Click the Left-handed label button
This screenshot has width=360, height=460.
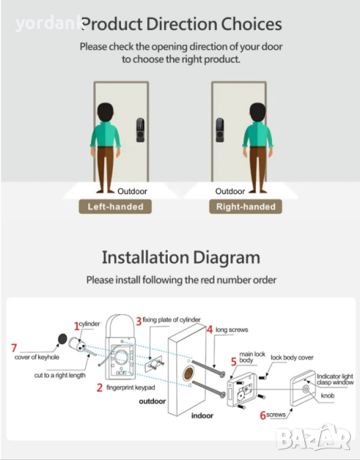coord(115,206)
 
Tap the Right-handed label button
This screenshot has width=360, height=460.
coord(246,206)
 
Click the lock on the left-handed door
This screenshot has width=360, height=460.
coord(140,130)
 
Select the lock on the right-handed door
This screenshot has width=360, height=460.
coord(220,130)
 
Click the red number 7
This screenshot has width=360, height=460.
coord(14,348)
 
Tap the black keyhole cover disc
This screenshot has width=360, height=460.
coord(63,339)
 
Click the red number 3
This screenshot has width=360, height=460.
coord(139,321)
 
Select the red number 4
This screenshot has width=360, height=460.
coord(210,330)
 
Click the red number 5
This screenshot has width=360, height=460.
coord(234,362)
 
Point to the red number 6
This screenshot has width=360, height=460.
coord(263,416)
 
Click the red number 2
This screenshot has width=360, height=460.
coord(100,388)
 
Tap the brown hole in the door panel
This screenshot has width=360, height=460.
coord(188,374)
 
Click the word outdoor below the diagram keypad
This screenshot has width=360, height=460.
coord(152,401)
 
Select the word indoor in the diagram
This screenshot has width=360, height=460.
coord(202,416)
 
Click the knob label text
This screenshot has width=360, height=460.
coord(328,396)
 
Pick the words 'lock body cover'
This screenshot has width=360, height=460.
coord(292,357)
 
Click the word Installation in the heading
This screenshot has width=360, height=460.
coord(145,258)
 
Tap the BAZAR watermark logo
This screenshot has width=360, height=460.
coord(313,437)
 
